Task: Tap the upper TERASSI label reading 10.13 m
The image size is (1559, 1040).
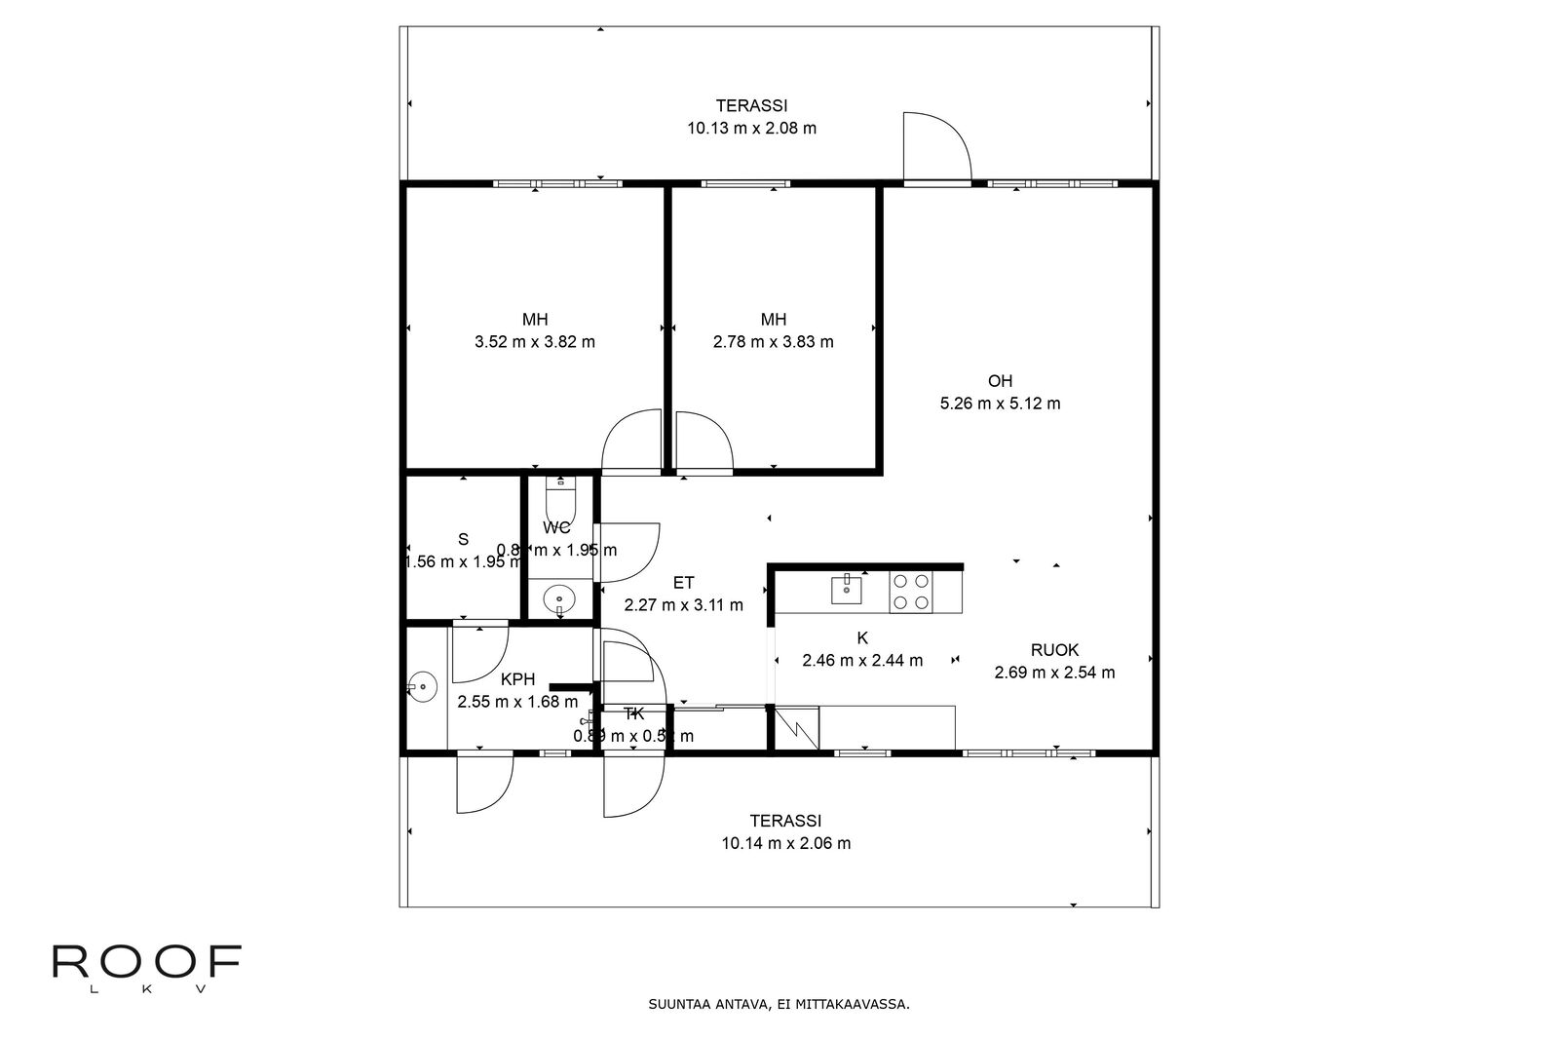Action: click(751, 128)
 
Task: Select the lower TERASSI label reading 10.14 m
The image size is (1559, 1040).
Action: click(785, 843)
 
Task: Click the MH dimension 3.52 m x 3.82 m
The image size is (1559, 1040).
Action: click(534, 342)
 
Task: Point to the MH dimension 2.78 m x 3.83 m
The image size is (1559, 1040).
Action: click(773, 342)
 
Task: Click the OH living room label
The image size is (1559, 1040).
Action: click(1000, 381)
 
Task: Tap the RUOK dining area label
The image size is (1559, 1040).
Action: click(1054, 650)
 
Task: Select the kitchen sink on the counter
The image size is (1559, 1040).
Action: click(847, 589)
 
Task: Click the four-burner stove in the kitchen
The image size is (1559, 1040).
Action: click(911, 591)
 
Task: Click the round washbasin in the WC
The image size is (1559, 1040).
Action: click(559, 597)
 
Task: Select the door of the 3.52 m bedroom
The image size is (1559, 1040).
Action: click(631, 443)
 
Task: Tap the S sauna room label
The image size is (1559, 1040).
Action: click(463, 539)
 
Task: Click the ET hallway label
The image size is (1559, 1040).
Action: click(683, 583)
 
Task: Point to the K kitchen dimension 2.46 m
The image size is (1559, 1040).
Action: click(861, 661)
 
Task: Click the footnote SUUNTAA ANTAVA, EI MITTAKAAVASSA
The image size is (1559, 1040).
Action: click(779, 1003)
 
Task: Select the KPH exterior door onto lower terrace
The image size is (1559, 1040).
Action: click(484, 783)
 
